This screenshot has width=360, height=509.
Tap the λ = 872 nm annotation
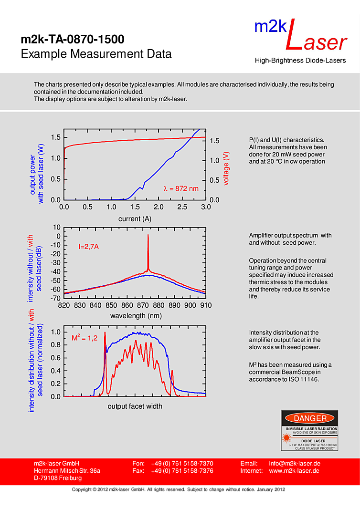(180, 188)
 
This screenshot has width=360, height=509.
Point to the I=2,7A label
(88, 247)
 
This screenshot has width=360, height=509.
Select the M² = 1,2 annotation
(85, 338)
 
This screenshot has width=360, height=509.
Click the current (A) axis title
(135, 219)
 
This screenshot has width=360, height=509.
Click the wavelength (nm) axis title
(136, 316)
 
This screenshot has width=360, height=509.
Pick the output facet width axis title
(135, 406)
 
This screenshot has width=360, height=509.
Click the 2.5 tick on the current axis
(182, 207)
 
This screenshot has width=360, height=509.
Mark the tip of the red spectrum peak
(148, 235)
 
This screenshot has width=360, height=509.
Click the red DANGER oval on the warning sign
(310, 418)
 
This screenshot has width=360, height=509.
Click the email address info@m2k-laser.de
(294, 464)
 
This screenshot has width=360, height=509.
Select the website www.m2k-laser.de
(294, 471)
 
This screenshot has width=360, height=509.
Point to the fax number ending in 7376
(182, 471)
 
